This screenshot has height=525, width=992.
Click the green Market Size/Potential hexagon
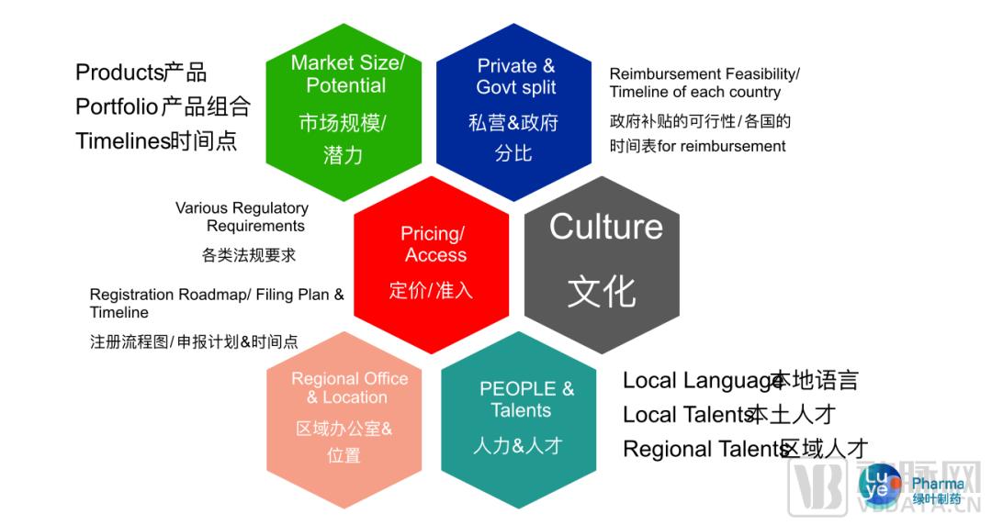pos(344,112)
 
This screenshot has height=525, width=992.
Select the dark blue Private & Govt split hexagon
pos(513,112)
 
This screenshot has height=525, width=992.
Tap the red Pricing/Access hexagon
pos(431,264)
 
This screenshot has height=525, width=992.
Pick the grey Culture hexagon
pos(602,264)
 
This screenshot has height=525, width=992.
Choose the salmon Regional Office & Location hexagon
pos(344,419)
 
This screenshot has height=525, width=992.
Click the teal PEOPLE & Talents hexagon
pos(518,419)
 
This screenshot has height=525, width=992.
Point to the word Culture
pos(606,227)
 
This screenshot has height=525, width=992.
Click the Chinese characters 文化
pos(602,292)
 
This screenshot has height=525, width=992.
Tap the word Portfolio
pos(117,106)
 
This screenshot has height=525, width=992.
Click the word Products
pos(120,73)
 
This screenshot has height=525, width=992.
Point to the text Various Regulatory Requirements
pos(242,217)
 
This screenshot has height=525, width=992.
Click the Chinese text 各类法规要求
pos(249,255)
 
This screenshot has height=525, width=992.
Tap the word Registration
pos(131,295)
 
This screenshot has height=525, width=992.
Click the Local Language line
pos(740,381)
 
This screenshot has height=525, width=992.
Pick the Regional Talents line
pos(745,449)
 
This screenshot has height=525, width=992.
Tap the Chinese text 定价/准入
pos(431,290)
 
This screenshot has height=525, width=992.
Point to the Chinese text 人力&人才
pos(518,446)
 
